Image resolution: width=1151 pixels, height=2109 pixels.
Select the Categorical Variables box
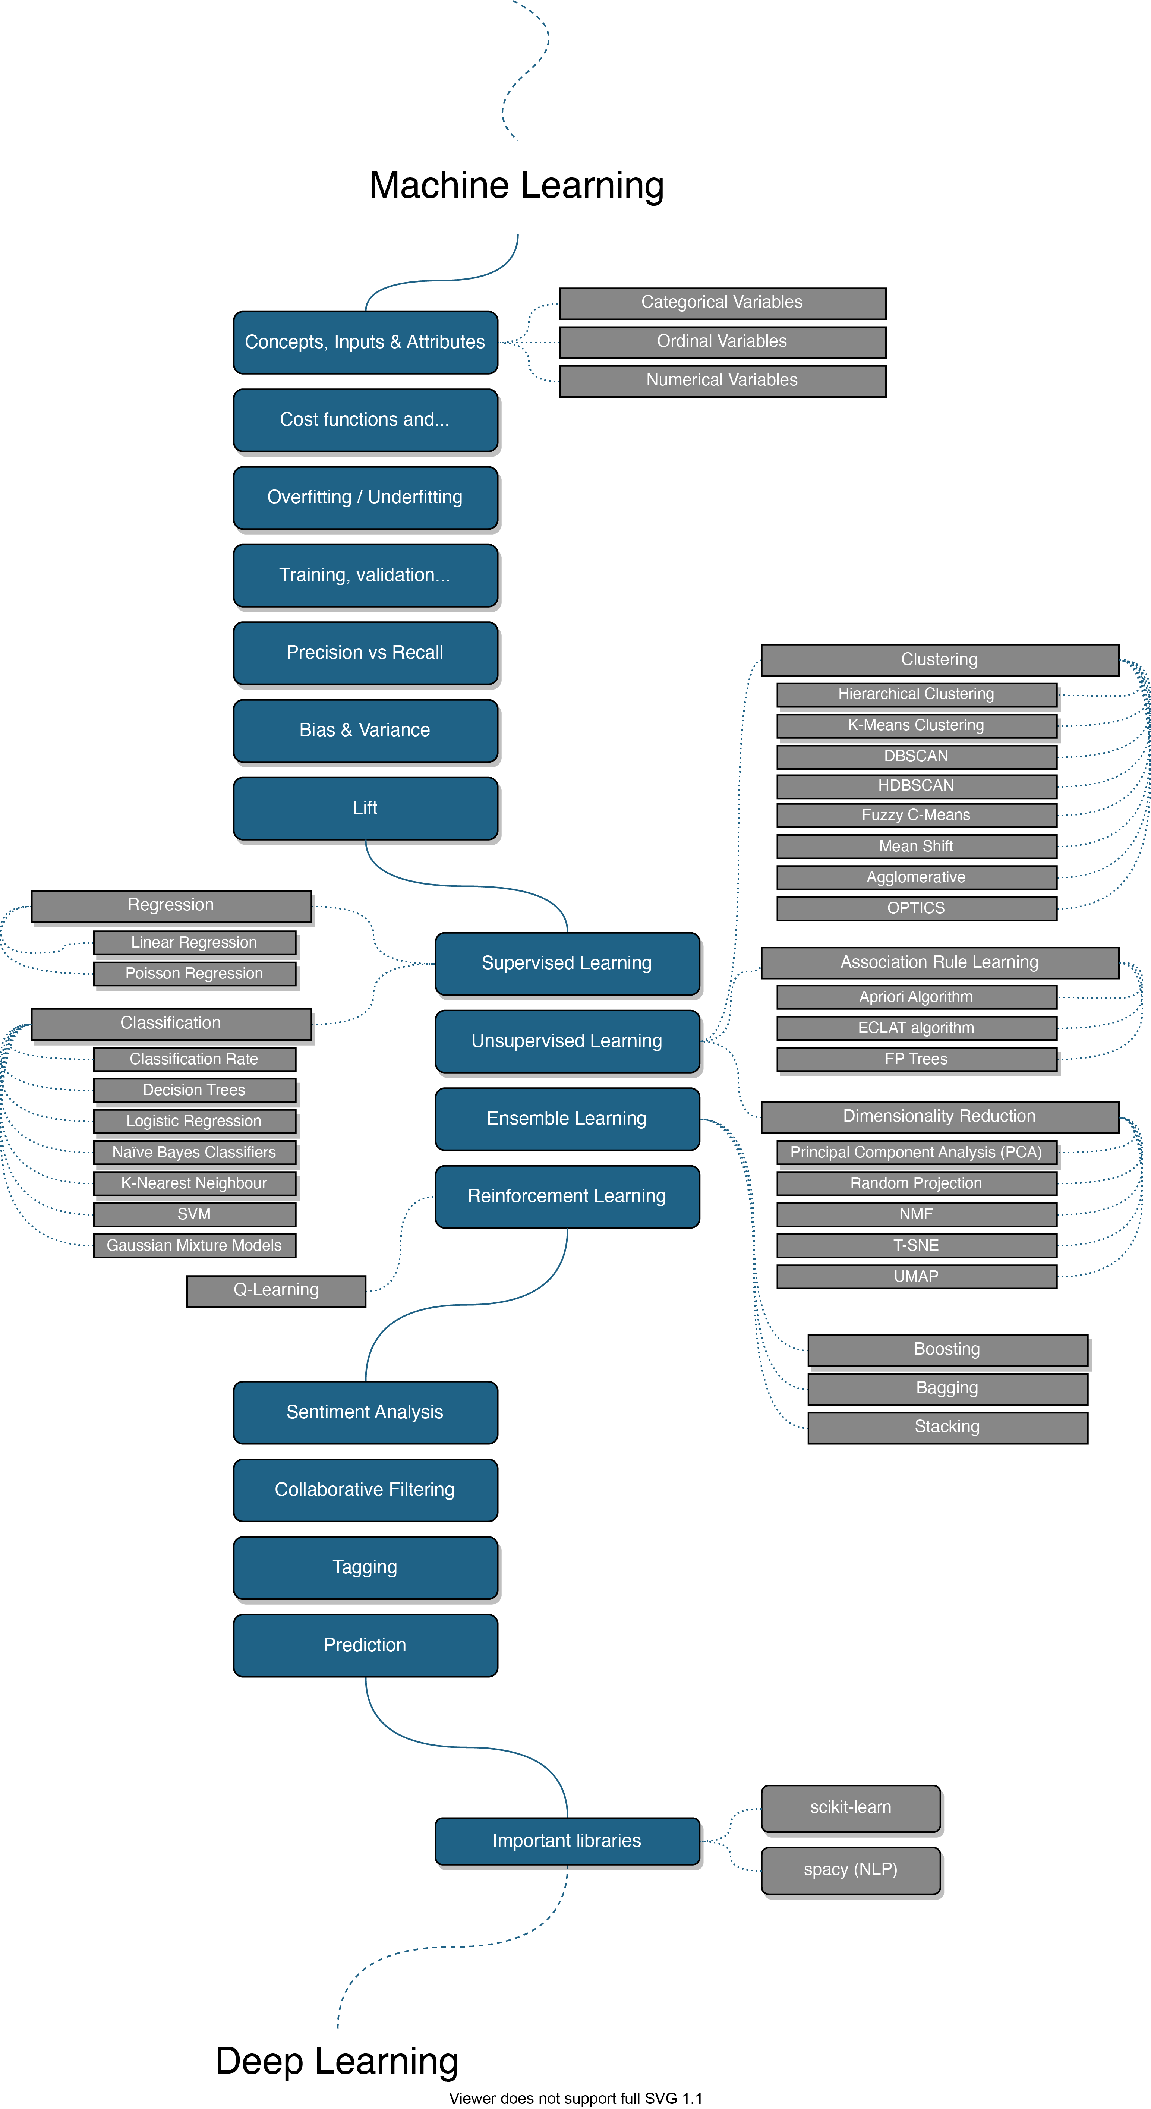[722, 302]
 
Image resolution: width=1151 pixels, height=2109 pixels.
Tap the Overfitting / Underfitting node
[365, 497]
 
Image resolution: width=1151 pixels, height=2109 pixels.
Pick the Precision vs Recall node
[365, 653]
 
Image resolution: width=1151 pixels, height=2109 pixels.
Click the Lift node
[365, 808]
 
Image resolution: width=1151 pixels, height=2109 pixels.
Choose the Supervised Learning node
[567, 963]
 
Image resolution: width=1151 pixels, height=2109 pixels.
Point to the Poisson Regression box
[194, 974]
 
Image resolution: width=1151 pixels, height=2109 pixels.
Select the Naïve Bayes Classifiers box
[194, 1152]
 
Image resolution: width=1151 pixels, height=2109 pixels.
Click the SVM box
[194, 1214]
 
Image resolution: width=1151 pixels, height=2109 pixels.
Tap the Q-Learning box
[276, 1290]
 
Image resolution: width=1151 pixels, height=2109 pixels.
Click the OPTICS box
[916, 908]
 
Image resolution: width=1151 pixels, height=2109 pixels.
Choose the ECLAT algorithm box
[916, 1028]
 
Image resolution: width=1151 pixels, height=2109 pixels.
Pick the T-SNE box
[916, 1245]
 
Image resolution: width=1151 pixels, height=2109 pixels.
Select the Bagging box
[947, 1388]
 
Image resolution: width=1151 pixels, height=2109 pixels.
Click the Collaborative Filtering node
[365, 1490]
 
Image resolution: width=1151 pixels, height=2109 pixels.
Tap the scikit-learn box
[851, 1807]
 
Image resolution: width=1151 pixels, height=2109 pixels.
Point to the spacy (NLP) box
[851, 1869]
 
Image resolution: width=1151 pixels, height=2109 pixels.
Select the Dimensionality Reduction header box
[939, 1116]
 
